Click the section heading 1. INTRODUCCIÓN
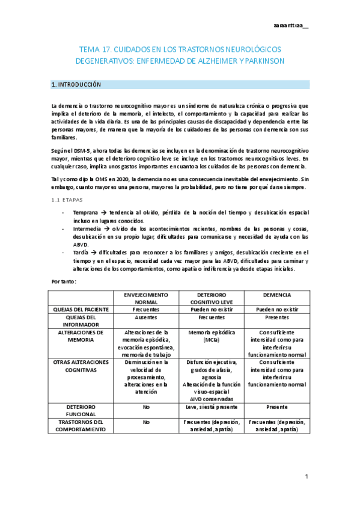pyautogui.click(x=76, y=85)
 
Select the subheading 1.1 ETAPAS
pyautogui.click(x=67, y=199)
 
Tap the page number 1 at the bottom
pyautogui.click(x=306, y=477)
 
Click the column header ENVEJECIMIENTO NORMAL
pyautogui.click(x=145, y=299)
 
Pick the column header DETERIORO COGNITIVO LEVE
pyautogui.click(x=205, y=299)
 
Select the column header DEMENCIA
pyautogui.click(x=277, y=295)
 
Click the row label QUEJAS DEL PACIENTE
pyautogui.click(x=81, y=309)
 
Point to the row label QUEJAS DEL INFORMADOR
pyautogui.click(x=81, y=321)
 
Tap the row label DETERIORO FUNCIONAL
pyautogui.click(x=81, y=410)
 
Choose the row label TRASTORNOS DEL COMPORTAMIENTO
pyautogui.click(x=81, y=426)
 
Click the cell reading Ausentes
pyautogui.click(x=145, y=318)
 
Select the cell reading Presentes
pyautogui.click(x=277, y=318)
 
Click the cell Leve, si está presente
pyautogui.click(x=205, y=407)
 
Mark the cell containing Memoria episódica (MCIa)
pyautogui.click(x=205, y=335)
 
